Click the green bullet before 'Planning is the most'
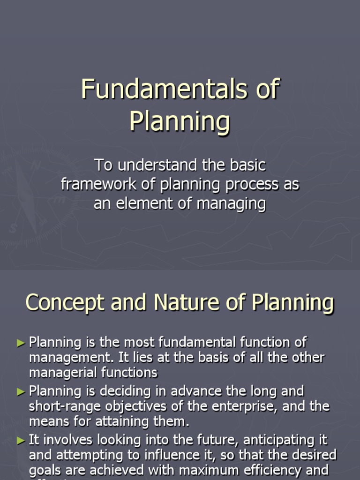click(x=21, y=343)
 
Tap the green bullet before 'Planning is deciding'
click(x=21, y=391)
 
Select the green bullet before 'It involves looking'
click(x=21, y=440)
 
